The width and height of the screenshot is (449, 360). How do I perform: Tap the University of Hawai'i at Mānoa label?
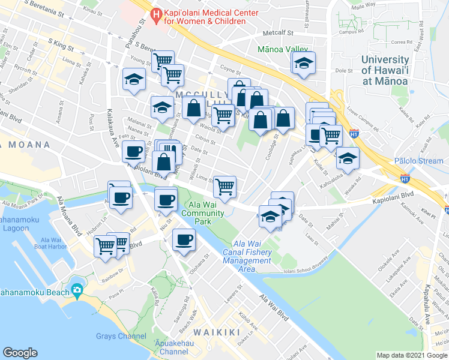[x=385, y=73]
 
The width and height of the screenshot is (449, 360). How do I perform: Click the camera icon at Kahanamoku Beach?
[x=77, y=291]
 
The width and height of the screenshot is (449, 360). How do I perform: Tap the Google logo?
[x=20, y=352]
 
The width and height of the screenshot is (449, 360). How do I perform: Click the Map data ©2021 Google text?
[x=411, y=355]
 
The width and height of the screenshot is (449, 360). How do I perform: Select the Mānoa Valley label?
[x=283, y=50]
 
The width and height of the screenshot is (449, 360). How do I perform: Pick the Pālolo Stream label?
[x=418, y=161]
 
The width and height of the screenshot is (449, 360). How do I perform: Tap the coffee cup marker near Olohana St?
[x=184, y=240]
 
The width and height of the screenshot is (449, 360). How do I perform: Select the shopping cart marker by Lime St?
[x=225, y=187]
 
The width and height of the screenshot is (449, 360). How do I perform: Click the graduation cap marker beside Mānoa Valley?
[x=304, y=63]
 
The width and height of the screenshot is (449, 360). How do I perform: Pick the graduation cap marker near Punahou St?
[x=134, y=79]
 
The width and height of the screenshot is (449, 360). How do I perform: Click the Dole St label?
[x=343, y=71]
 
